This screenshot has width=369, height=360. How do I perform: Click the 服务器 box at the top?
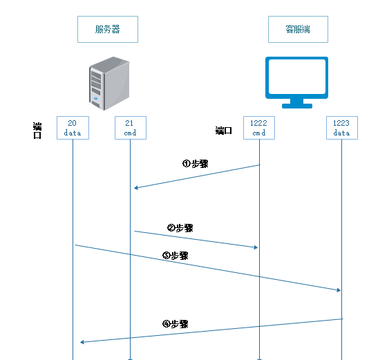[x=108, y=30]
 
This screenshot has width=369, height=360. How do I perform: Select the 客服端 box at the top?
[x=298, y=30]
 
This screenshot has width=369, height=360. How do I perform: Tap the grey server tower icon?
[x=109, y=84]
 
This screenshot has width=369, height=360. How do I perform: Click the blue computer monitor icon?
[x=297, y=82]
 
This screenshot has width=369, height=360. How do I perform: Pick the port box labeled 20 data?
[x=73, y=128]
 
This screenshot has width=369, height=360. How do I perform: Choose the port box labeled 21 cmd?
[x=131, y=128]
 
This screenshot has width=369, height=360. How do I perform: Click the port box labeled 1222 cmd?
[x=259, y=128]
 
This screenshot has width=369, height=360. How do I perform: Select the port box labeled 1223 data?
[x=342, y=128]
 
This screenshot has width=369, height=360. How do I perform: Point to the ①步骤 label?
[x=196, y=164]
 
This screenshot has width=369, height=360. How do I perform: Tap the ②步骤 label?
[x=180, y=228]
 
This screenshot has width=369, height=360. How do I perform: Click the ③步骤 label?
[x=176, y=256]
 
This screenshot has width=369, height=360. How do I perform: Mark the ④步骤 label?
[x=176, y=324]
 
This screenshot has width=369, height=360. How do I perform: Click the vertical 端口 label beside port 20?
[x=37, y=131]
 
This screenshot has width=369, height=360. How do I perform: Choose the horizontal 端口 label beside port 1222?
[x=224, y=131]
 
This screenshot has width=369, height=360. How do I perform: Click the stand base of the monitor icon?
[x=297, y=106]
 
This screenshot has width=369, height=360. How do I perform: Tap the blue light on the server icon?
[x=95, y=98]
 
